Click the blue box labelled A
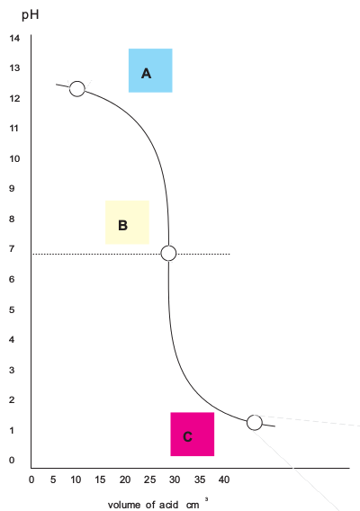click(150, 70)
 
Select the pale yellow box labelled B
click(127, 222)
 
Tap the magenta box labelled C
click(193, 435)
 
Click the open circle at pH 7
click(168, 253)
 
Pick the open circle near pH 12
click(77, 89)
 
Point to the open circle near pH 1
click(255, 423)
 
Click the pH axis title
click(31, 14)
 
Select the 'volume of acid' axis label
click(143, 505)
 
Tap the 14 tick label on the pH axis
click(14, 38)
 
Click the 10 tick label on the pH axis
click(14, 158)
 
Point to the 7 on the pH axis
click(12, 249)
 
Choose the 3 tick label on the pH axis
click(12, 370)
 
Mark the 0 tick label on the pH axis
click(12, 460)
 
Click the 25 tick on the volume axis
click(150, 480)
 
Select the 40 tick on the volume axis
click(224, 480)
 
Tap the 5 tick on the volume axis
click(53, 480)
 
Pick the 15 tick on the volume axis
click(100, 480)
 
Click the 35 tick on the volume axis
click(200, 480)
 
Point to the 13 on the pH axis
click(14, 67)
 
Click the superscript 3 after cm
click(206, 499)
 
